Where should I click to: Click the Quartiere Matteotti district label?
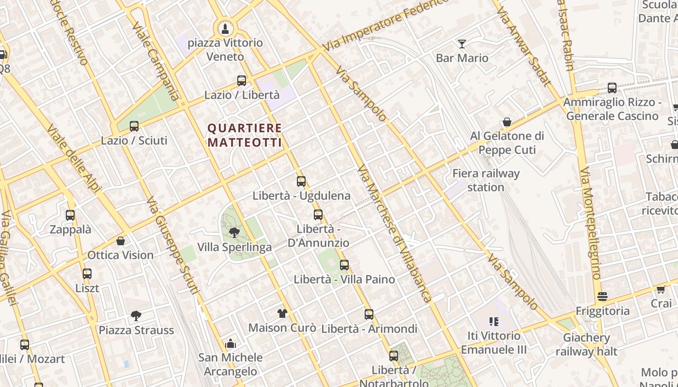click(x=245, y=135)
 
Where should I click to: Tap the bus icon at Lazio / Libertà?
click(x=242, y=81)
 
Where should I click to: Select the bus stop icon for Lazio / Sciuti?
click(x=134, y=126)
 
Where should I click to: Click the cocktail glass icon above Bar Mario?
click(x=462, y=44)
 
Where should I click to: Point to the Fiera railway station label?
click(x=486, y=180)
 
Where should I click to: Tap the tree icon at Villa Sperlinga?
click(x=234, y=233)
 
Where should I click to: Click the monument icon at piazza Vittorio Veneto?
click(x=225, y=29)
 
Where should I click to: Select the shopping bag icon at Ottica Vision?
click(x=121, y=241)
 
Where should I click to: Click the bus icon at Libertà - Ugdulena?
click(x=301, y=181)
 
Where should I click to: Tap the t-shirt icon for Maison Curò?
click(x=282, y=313)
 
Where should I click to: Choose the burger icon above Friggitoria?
click(x=602, y=296)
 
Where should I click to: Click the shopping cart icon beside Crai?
click(x=661, y=289)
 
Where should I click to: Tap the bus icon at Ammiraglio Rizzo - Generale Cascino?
click(x=612, y=88)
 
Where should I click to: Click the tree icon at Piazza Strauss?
click(x=136, y=316)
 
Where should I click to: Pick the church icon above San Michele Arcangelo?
click(x=231, y=343)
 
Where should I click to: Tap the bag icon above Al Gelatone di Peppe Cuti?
click(x=507, y=122)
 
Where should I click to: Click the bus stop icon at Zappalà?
click(x=70, y=215)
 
